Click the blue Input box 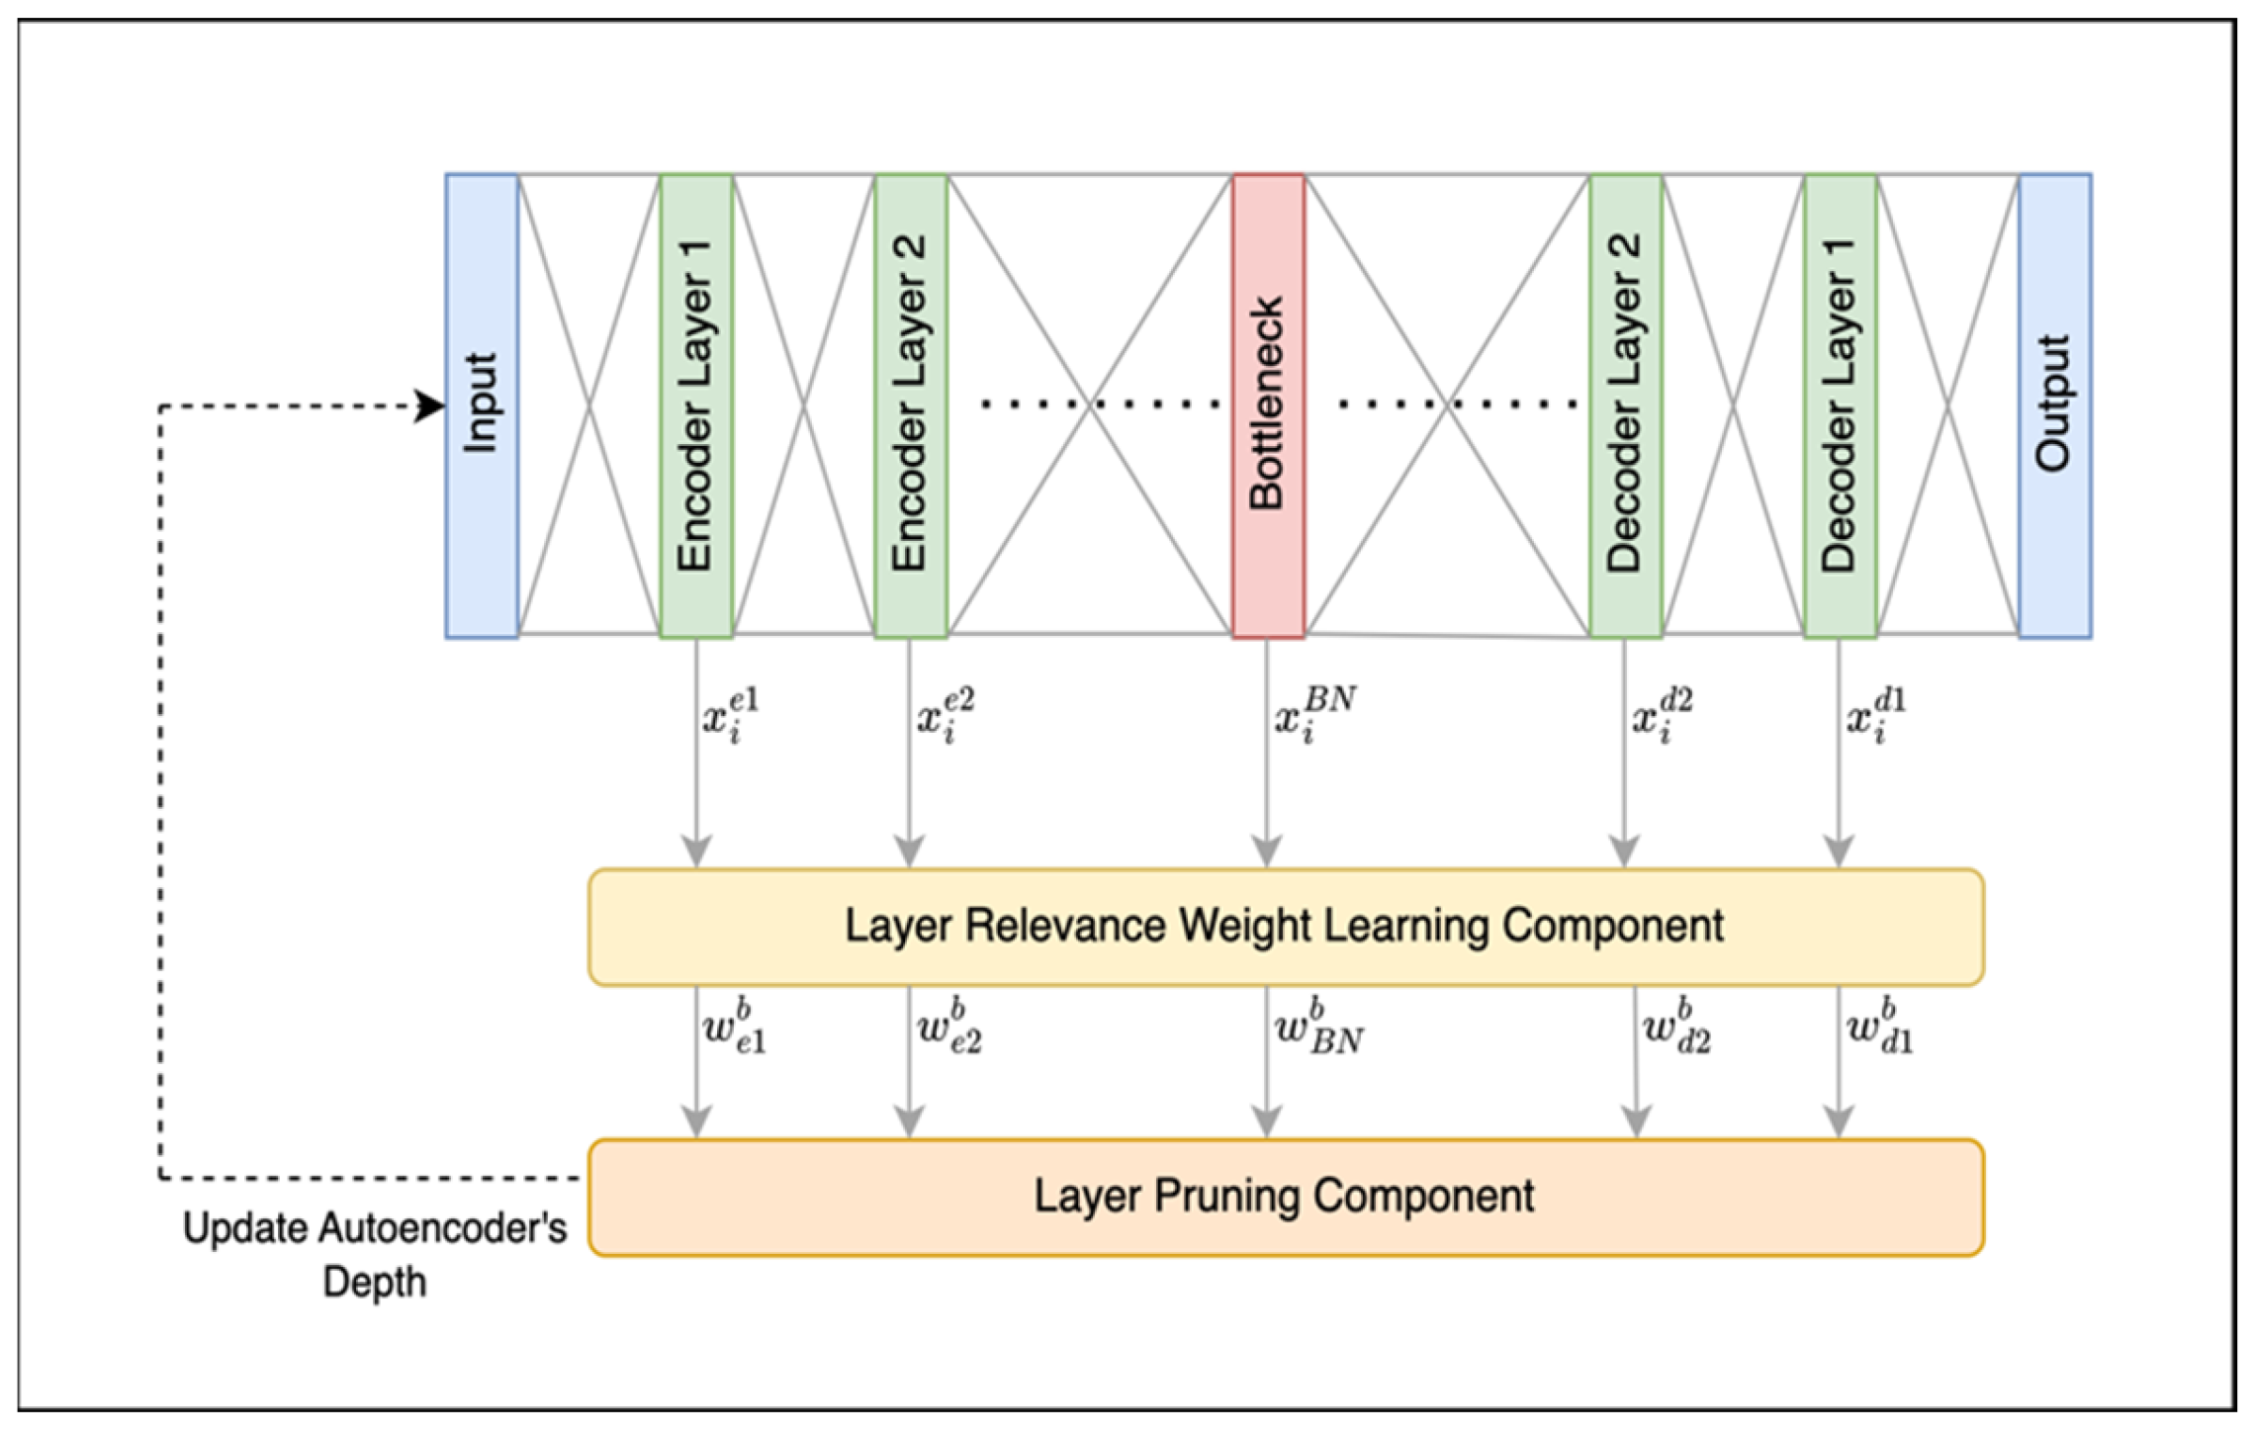482,405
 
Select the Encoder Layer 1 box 696,405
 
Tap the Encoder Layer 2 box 911,405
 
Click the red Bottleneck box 1268,405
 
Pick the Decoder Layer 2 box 1625,405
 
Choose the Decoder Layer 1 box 1840,405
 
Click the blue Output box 2054,405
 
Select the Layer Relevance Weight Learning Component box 1285,927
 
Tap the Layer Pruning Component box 1285,1197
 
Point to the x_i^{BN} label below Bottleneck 1314,714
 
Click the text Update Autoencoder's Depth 375,1254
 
